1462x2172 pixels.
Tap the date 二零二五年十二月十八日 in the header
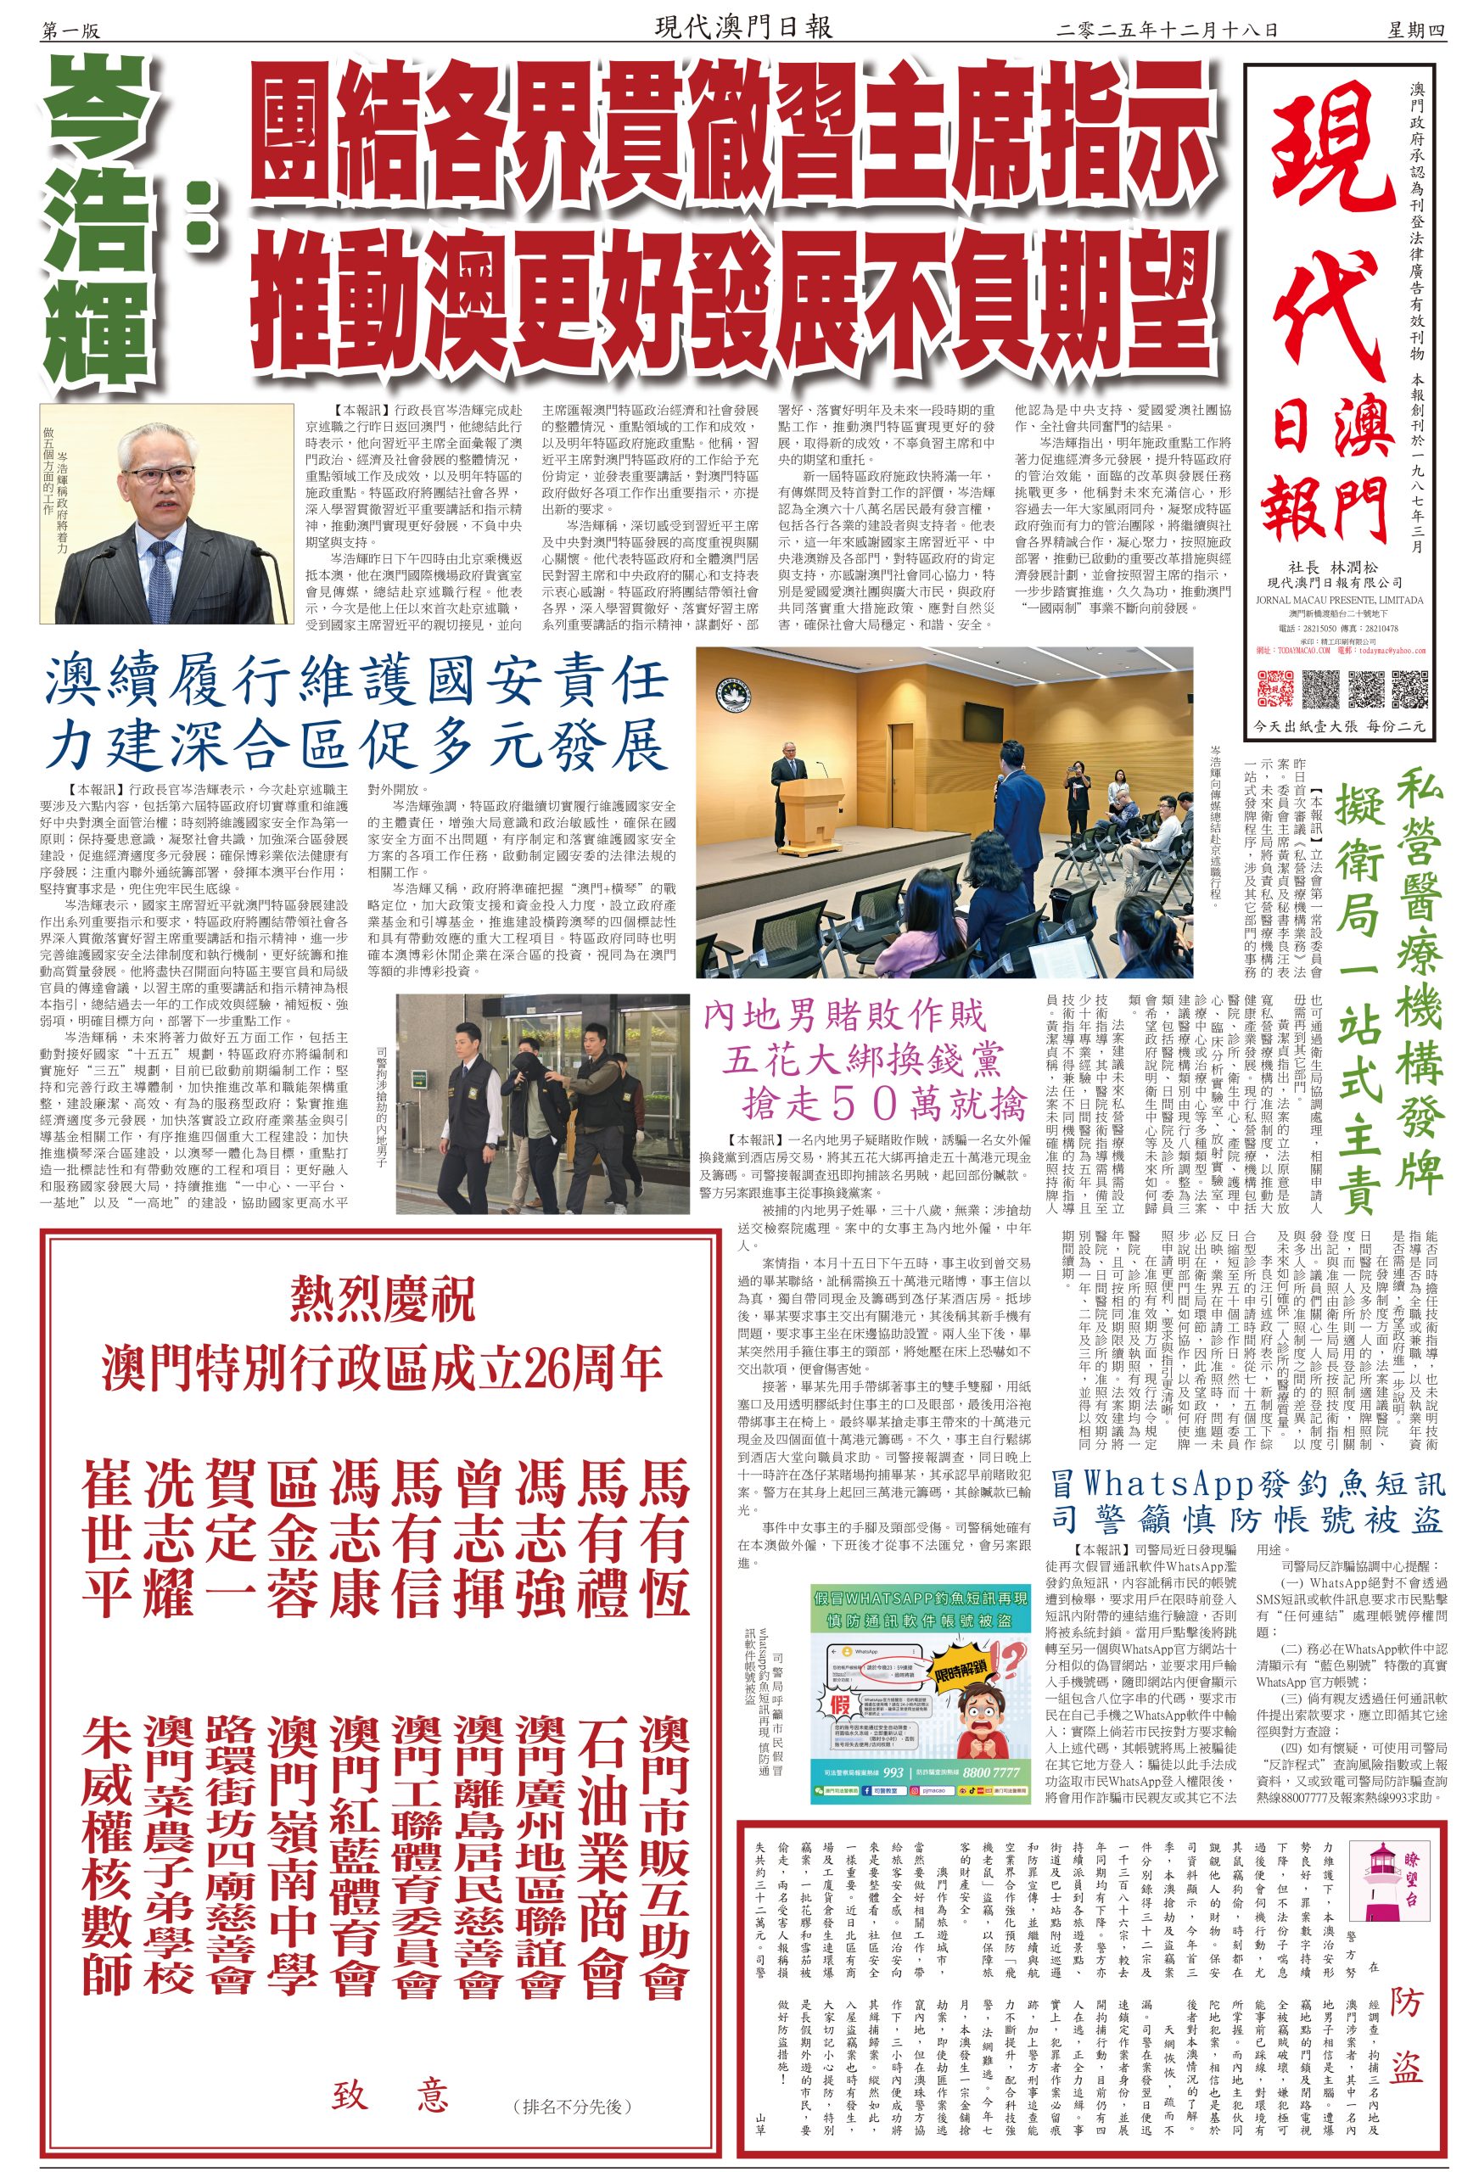pyautogui.click(x=1166, y=29)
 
